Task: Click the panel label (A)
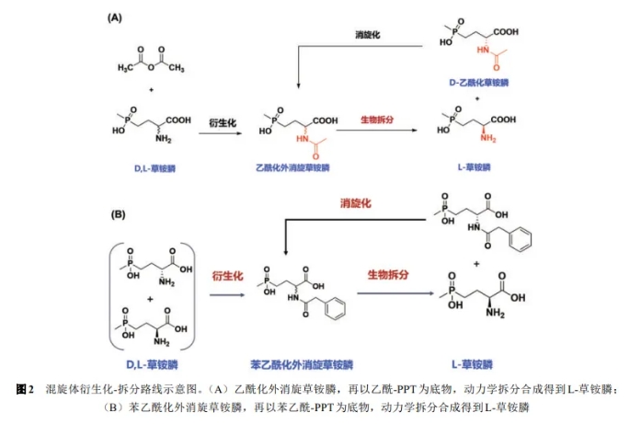(x=116, y=17)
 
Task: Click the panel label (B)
(x=118, y=214)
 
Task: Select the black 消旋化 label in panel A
(x=368, y=34)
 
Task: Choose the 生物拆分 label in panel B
(x=390, y=274)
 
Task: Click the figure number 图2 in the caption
(x=25, y=389)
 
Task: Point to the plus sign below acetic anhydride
(x=151, y=90)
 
